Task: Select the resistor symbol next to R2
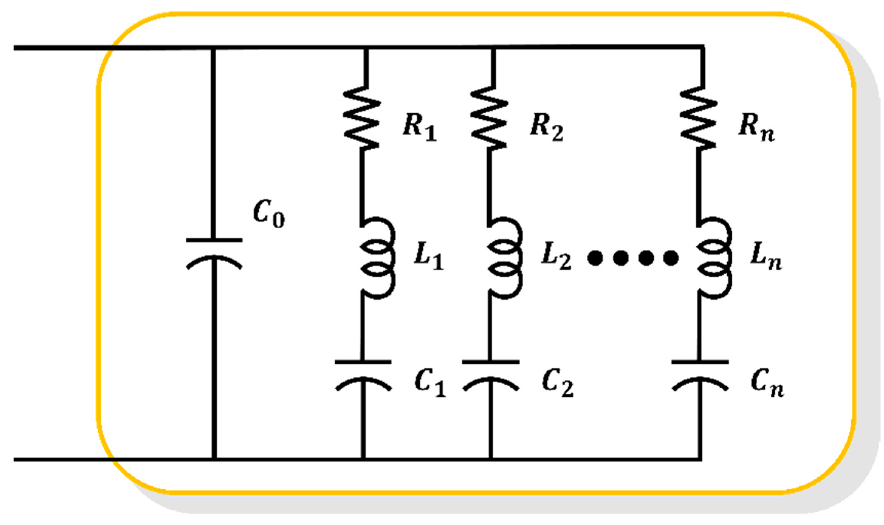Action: point(489,118)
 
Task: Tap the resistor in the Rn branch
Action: point(699,118)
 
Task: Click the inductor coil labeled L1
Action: point(377,258)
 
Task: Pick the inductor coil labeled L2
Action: point(504,258)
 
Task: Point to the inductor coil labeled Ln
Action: point(714,258)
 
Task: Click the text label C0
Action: point(269,213)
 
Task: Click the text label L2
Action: point(556,256)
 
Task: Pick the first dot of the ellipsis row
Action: point(595,258)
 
